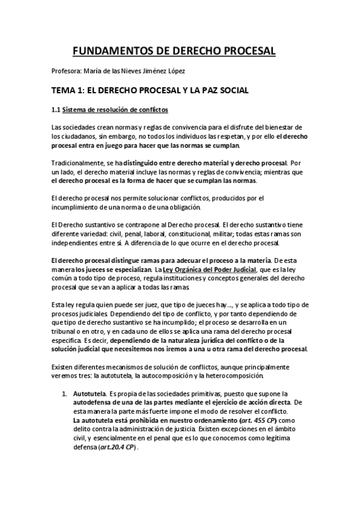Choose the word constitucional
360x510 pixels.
click(196, 233)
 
